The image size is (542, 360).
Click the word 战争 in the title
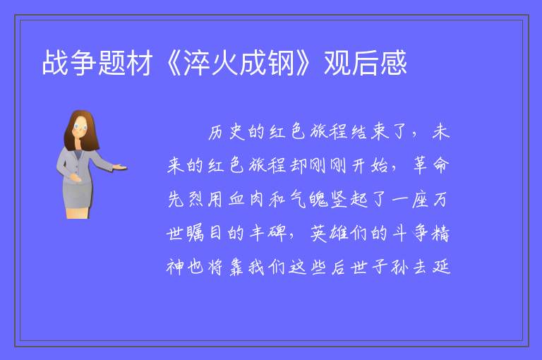click(x=68, y=63)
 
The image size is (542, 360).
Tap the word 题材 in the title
click(x=125, y=63)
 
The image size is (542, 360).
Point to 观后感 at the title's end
click(x=365, y=63)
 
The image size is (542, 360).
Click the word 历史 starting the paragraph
click(x=227, y=132)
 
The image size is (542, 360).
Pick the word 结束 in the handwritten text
click(x=370, y=132)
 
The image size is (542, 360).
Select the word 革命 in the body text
click(x=431, y=166)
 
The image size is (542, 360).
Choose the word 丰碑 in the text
click(x=268, y=233)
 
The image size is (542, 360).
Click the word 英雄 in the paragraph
click(x=329, y=233)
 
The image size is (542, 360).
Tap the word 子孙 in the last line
click(x=390, y=267)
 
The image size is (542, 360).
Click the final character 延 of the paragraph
click(x=441, y=267)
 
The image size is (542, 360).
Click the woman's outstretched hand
click(x=120, y=168)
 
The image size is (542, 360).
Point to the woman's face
click(x=80, y=127)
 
